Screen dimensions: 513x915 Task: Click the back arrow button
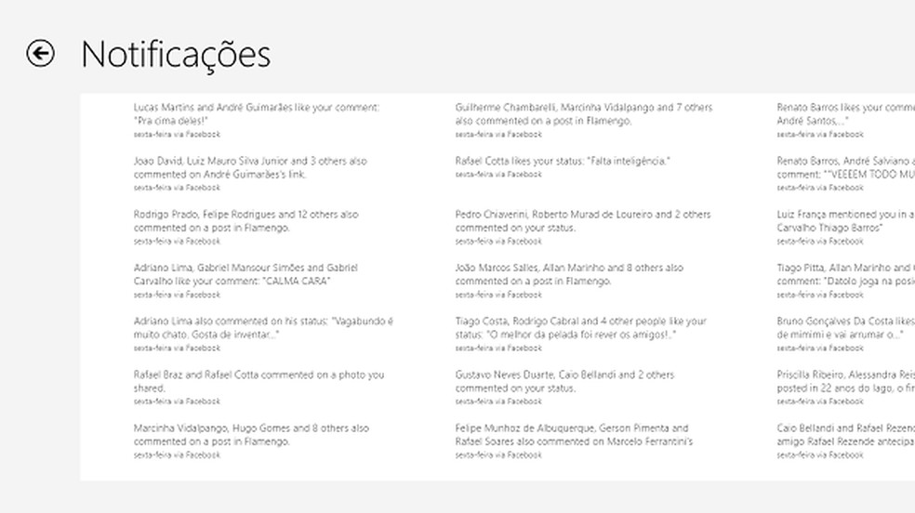[40, 54]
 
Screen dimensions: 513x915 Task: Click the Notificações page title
[176, 55]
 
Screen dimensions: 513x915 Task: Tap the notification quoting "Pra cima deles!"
[256, 114]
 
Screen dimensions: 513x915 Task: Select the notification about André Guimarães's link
[249, 168]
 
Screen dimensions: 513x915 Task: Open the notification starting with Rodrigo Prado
[245, 221]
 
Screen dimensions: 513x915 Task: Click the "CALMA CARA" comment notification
[246, 275]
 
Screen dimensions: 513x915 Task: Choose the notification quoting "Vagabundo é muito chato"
[263, 328]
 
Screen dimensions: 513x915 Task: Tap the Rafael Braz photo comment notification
[259, 382]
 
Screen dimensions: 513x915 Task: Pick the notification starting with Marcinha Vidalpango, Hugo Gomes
[251, 435]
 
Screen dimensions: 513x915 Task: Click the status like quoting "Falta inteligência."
[563, 162]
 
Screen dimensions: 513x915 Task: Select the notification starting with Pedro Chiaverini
[582, 221]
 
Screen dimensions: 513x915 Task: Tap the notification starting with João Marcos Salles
[569, 275]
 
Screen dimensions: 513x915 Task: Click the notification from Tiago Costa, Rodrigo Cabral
[580, 328]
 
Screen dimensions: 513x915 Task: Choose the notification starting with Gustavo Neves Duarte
[564, 382]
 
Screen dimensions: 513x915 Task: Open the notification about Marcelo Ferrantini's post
[574, 435]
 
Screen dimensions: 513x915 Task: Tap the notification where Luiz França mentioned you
[844, 221]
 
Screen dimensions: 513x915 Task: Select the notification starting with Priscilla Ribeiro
[844, 382]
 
